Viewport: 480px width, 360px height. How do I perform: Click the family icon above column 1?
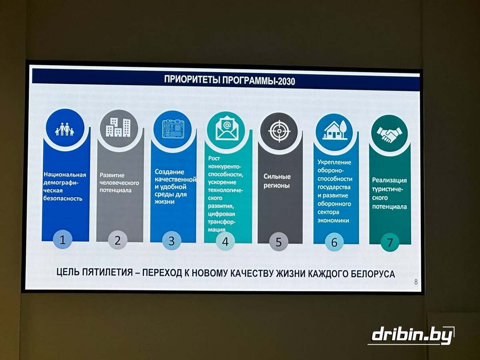tap(64, 129)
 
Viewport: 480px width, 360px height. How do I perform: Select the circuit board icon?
tap(173, 129)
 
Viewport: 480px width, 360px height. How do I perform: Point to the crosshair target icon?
tap(279, 131)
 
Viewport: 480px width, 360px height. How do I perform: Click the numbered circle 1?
tap(63, 240)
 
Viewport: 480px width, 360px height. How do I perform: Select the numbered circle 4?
tap(225, 242)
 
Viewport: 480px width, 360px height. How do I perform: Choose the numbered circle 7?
tap(390, 242)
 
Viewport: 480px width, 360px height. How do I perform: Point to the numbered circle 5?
tap(278, 242)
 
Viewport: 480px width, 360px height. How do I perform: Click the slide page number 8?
tap(416, 282)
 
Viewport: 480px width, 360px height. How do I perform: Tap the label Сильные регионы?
tap(277, 181)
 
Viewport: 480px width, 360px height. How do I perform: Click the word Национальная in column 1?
tap(65, 175)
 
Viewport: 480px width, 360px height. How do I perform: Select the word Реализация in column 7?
tap(390, 180)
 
